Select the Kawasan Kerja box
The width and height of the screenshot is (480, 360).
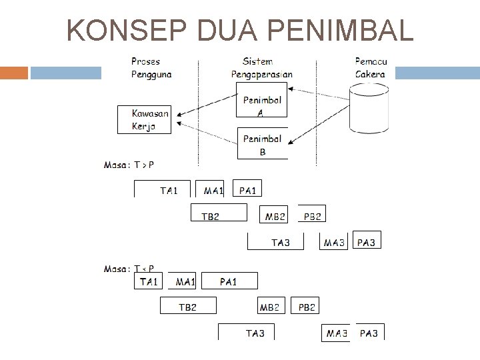coord(144,120)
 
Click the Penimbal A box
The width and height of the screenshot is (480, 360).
coord(262,105)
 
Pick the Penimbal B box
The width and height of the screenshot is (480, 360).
coord(262,144)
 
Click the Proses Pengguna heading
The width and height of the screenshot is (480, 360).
coord(151,68)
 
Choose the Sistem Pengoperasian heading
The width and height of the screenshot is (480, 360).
coord(261,68)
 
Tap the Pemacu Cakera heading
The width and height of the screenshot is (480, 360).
coord(371,68)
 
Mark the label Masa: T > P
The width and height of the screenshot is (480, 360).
coord(129,164)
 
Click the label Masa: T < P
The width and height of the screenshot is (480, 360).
coord(129,269)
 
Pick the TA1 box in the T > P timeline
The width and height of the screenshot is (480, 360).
coord(163,190)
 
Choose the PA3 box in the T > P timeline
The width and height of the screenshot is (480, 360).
coord(367,242)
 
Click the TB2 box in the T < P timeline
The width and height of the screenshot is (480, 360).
coord(188,307)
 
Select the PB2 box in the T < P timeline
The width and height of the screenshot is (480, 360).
coord(307,307)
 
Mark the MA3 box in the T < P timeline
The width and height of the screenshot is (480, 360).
coord(337,333)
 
